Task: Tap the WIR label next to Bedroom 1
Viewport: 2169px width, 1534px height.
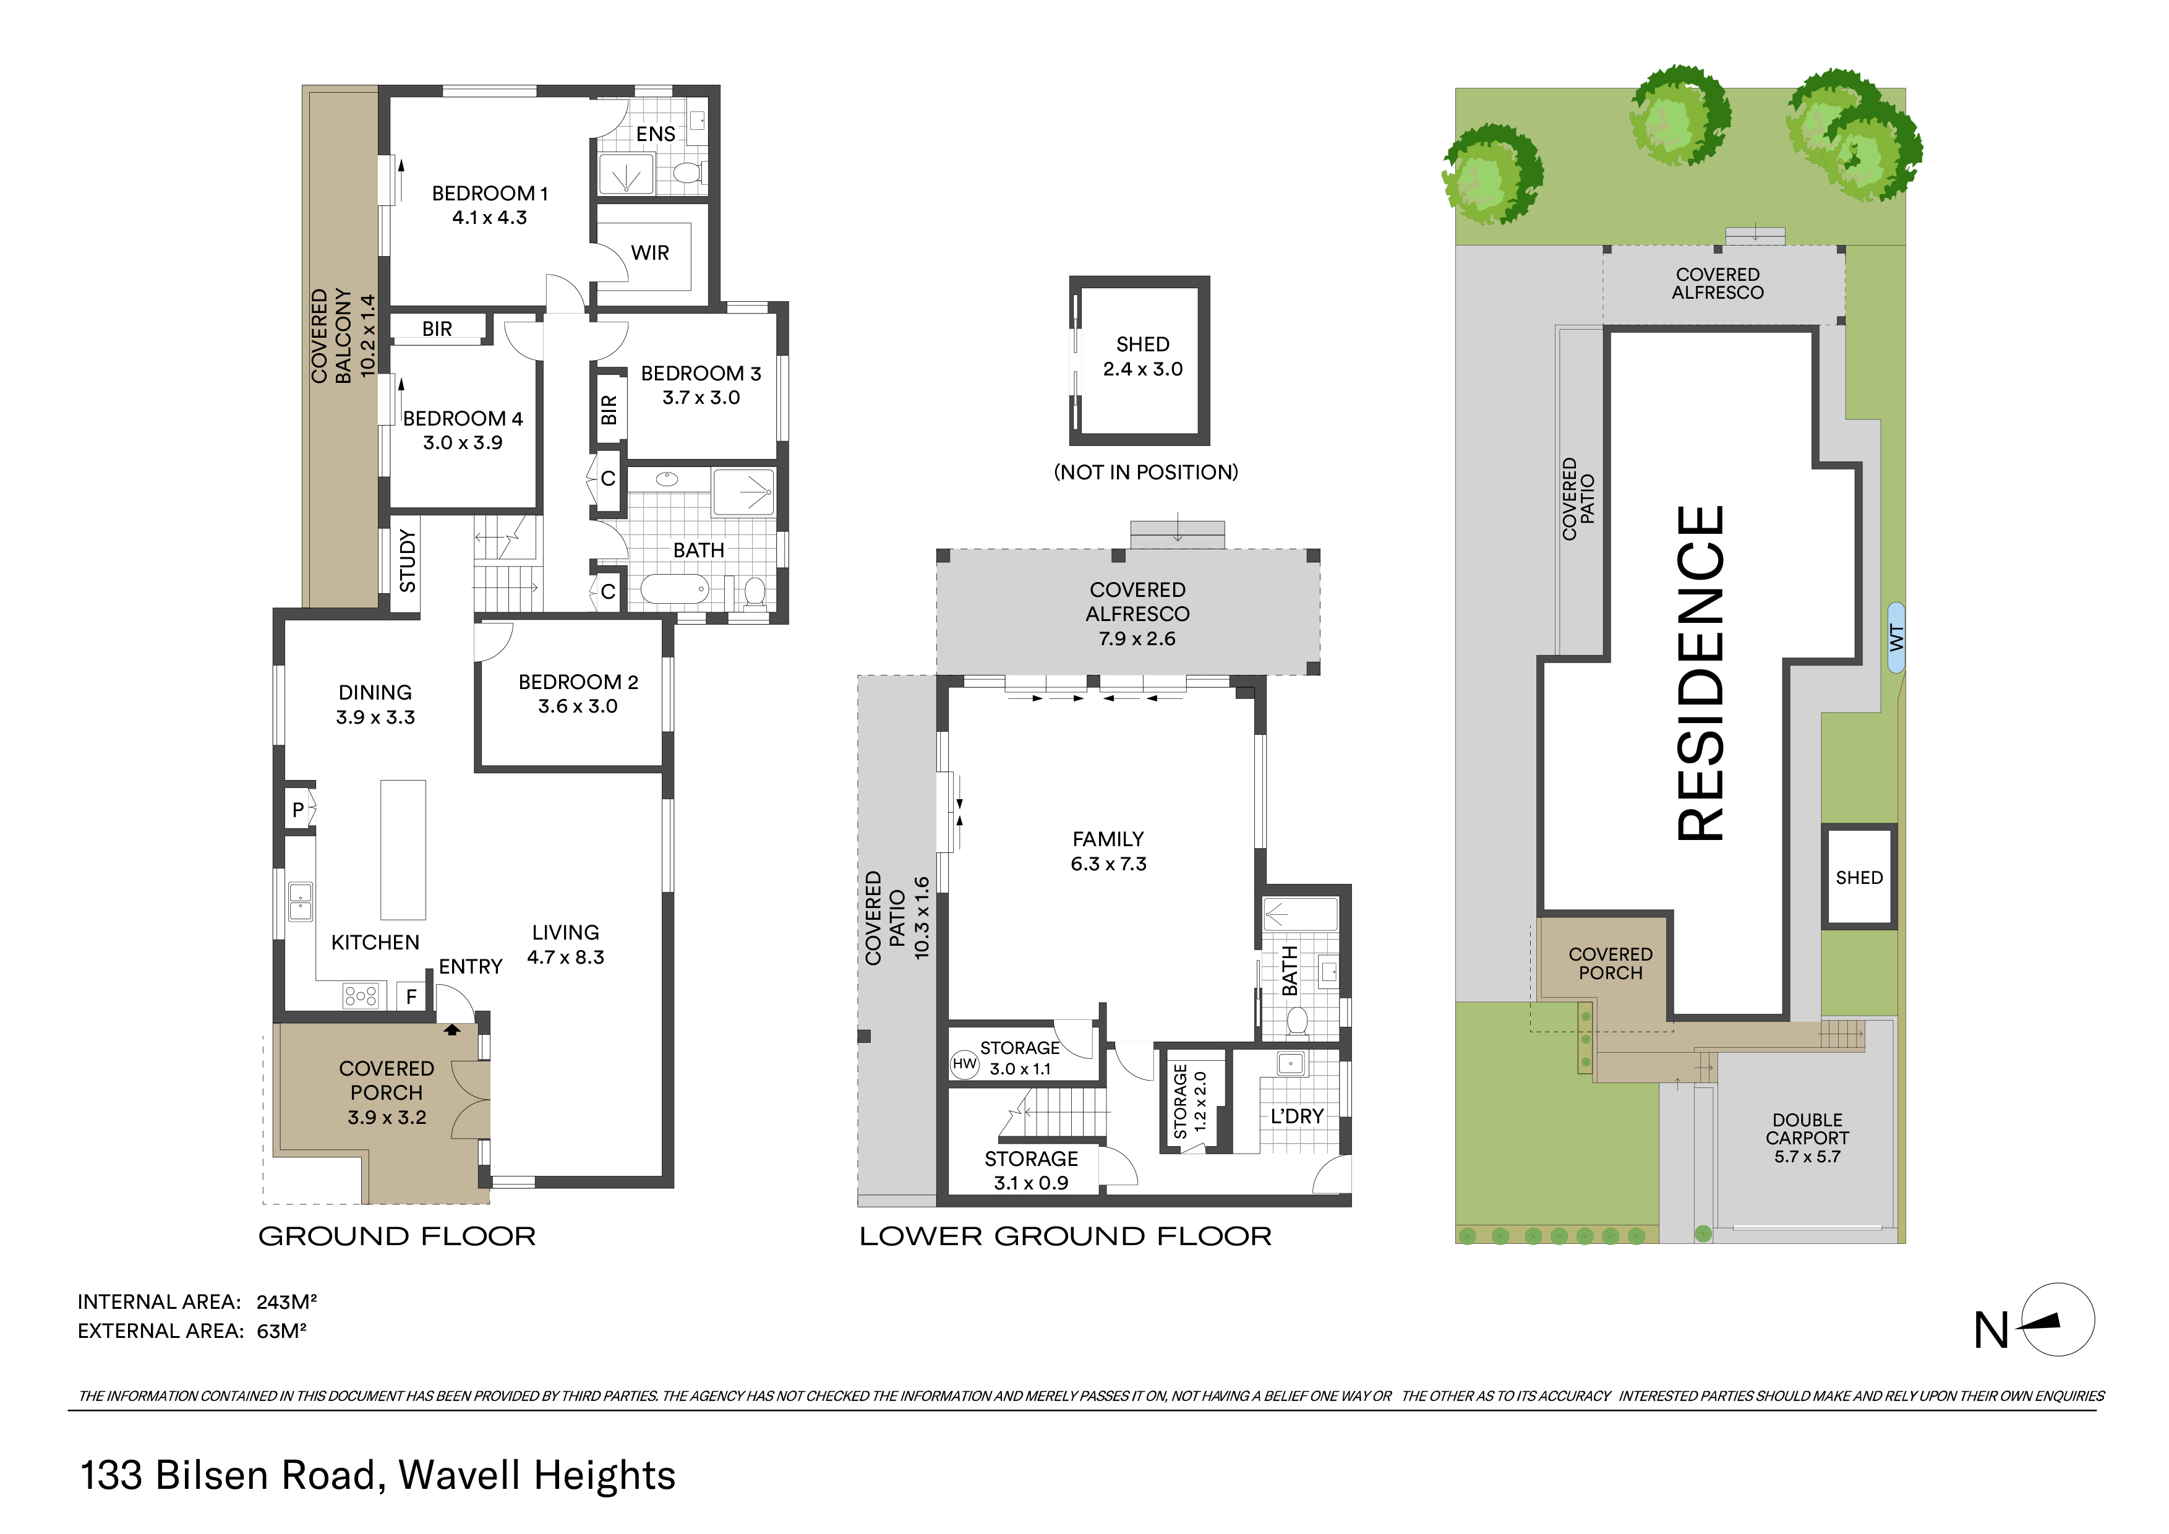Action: point(650,253)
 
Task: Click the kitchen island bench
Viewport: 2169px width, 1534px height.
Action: point(403,849)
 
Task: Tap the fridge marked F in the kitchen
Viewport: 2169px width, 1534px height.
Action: point(411,996)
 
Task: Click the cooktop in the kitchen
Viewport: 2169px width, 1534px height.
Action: point(361,996)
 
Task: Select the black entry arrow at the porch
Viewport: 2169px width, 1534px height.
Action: point(453,1030)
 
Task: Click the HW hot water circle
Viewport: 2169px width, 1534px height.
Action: point(965,1065)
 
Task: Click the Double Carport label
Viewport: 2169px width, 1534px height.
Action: point(1807,1129)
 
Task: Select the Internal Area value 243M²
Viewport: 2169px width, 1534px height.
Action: point(287,1301)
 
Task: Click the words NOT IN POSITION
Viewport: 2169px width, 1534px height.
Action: point(1146,473)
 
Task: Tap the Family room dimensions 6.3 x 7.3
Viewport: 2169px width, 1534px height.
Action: point(1108,864)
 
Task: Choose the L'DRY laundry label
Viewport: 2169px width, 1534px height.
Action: point(1297,1116)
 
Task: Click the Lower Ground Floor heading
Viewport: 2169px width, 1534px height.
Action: point(1066,1236)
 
